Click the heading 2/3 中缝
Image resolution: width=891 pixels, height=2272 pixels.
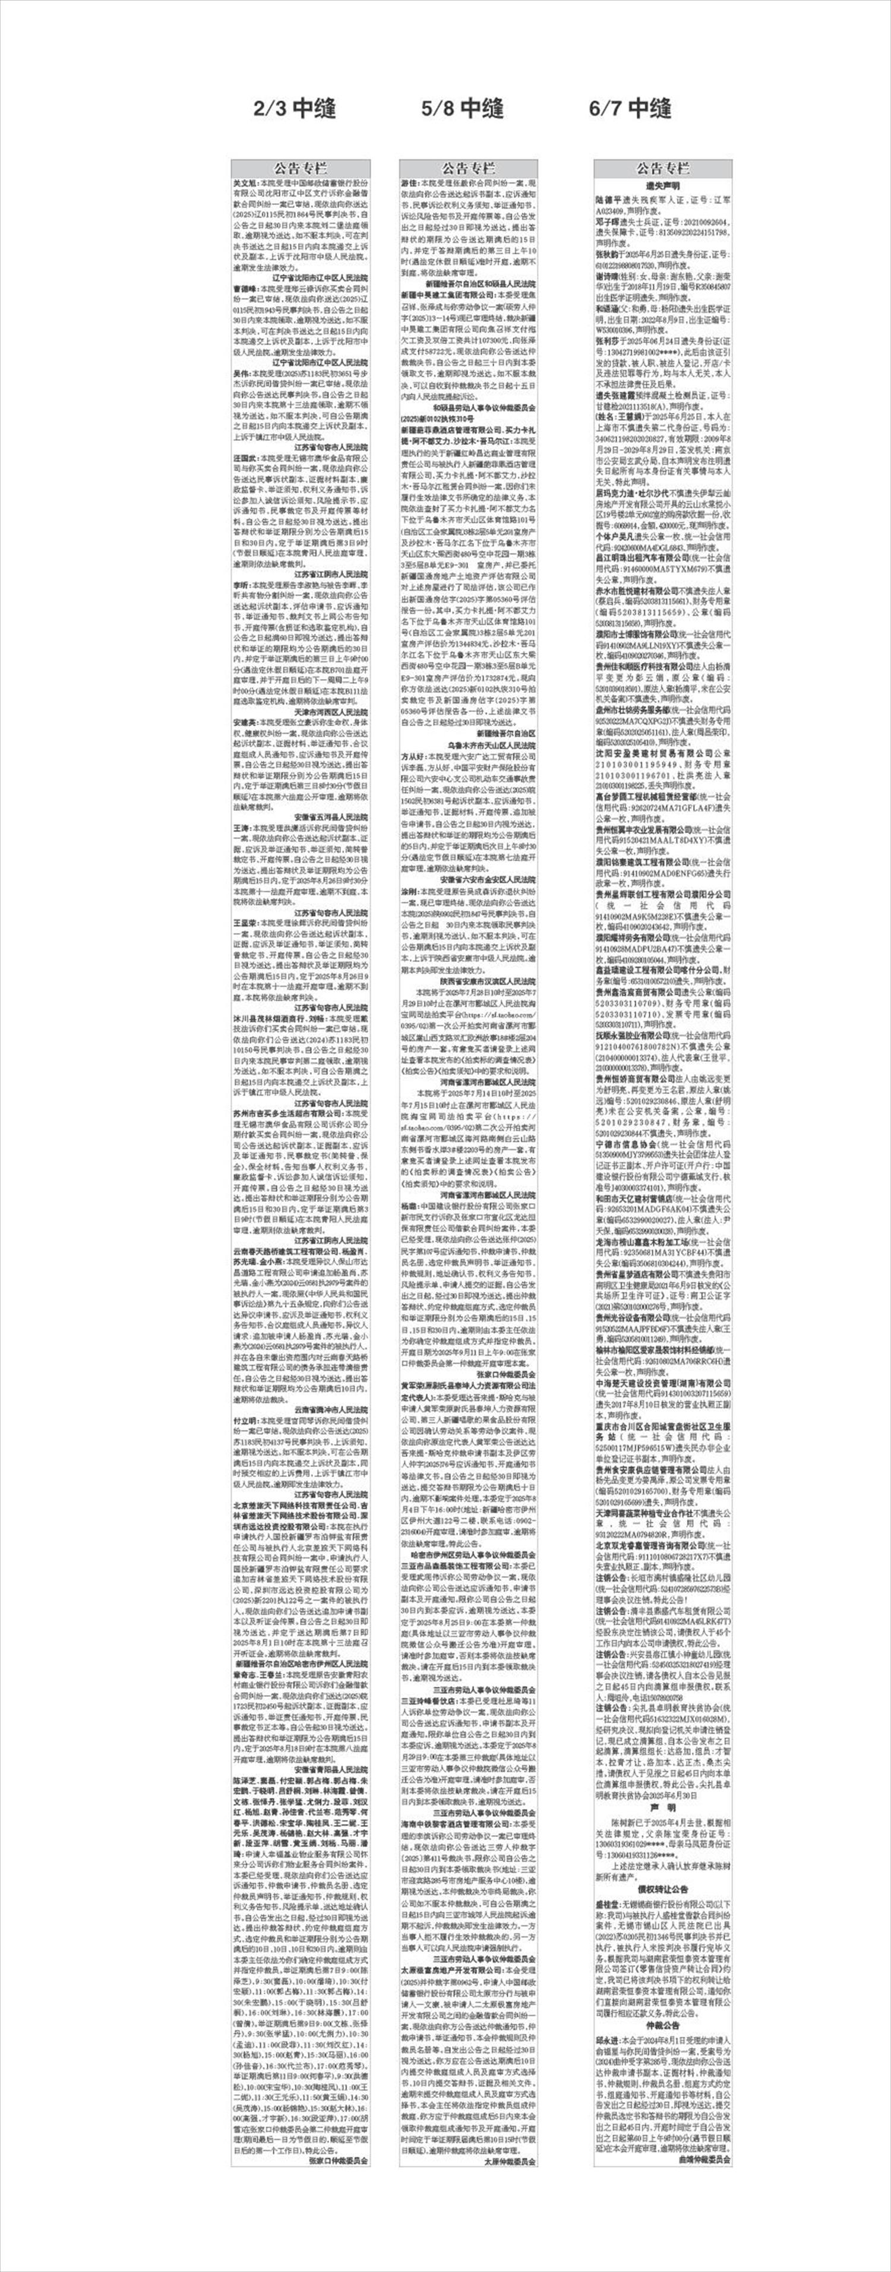[x=295, y=109]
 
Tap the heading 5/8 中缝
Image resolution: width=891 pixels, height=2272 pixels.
[x=462, y=109]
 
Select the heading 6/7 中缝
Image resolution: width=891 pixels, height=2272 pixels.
[x=630, y=109]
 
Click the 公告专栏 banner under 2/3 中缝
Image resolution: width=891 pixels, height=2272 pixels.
[x=300, y=168]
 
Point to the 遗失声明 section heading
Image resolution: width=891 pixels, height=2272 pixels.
[x=662, y=187]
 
